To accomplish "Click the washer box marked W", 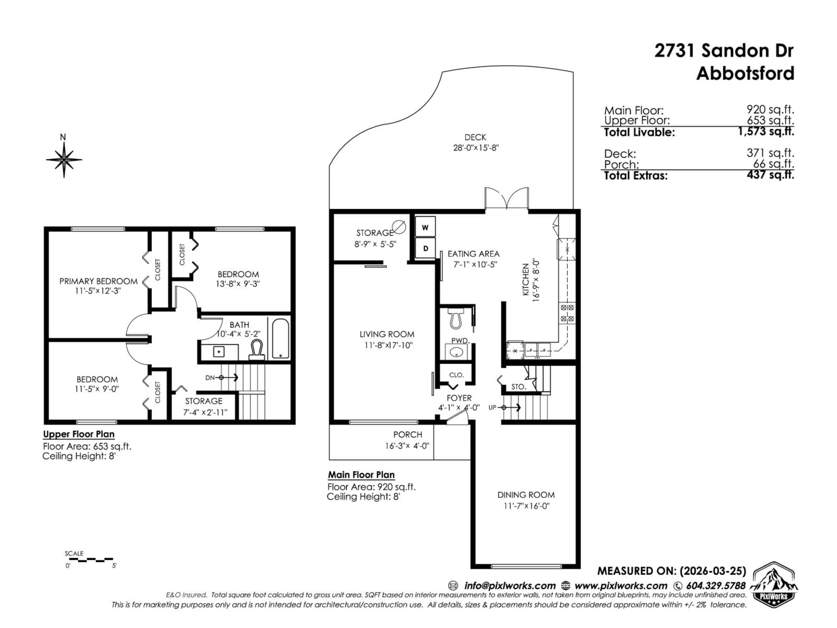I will click(425, 227).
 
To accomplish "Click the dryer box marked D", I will click(425, 248).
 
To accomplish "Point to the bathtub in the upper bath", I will click(280, 338).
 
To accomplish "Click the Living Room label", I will click(387, 334).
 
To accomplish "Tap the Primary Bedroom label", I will click(98, 281).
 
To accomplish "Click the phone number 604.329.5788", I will click(715, 586).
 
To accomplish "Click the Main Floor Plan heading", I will click(361, 475).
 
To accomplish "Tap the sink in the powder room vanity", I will click(457, 352).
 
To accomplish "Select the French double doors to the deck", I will click(507, 199).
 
